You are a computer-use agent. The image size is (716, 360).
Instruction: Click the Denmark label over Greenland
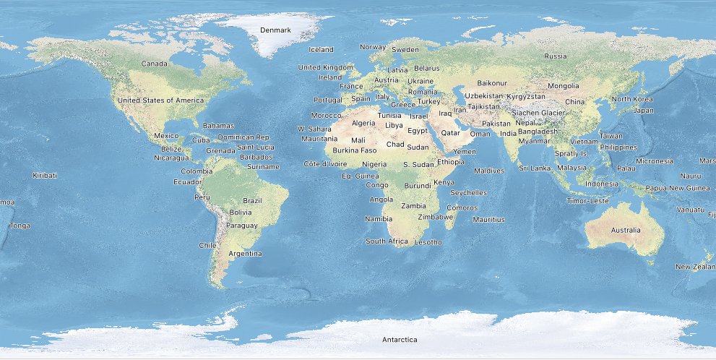(275, 30)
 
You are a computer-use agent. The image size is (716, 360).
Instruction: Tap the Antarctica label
(400, 339)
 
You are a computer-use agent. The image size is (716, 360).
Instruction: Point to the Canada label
(155, 64)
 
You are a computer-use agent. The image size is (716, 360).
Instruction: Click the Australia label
(625, 231)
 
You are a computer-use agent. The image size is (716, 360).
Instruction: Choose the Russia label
(556, 56)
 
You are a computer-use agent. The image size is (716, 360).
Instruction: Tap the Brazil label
(252, 200)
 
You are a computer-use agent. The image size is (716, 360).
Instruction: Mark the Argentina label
(245, 254)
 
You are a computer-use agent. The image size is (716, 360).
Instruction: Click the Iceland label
(321, 50)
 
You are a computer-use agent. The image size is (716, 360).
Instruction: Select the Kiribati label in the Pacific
(45, 175)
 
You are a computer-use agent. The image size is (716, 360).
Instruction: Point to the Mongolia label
(564, 86)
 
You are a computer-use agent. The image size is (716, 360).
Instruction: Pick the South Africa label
(387, 241)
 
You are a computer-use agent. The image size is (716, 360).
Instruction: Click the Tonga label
(20, 226)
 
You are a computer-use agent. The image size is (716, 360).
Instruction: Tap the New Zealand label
(695, 267)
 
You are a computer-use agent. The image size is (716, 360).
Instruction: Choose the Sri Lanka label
(535, 168)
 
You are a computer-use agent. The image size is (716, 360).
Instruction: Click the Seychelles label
(468, 193)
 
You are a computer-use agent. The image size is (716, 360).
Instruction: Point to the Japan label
(643, 111)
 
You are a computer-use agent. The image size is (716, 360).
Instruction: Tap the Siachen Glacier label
(538, 113)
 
